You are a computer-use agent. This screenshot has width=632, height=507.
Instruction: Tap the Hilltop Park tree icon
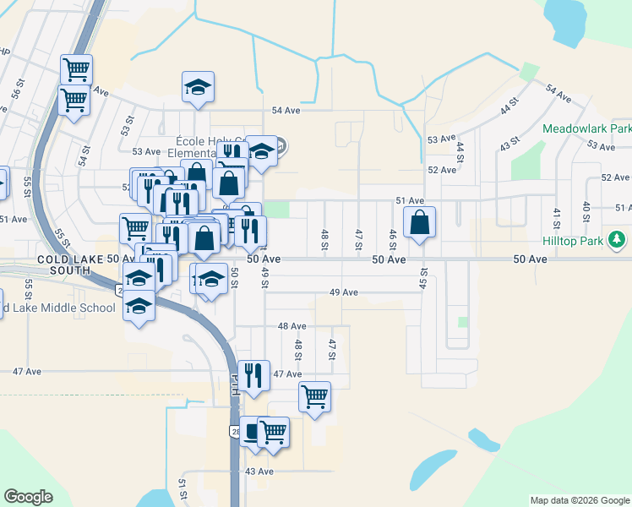point(618,240)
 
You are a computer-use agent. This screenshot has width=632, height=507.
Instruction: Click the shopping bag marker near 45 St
point(420,224)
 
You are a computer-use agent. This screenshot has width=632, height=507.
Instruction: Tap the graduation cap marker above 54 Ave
point(198,87)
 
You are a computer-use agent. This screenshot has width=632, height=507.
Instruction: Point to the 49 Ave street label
point(344,292)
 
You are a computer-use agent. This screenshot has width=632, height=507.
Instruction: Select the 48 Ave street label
point(291,325)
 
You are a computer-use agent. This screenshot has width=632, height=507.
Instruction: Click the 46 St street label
point(392,238)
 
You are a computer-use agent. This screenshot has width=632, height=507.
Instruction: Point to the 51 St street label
point(182,488)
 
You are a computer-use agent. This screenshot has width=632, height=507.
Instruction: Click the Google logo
point(29,497)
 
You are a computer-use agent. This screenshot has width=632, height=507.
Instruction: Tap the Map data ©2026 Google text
point(579,500)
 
